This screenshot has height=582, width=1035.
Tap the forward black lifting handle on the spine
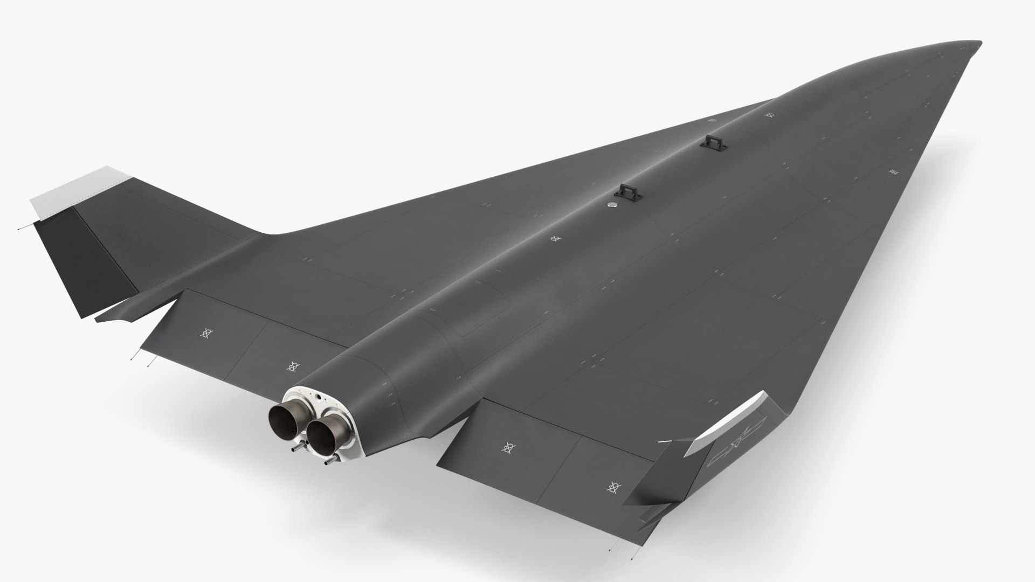pyautogui.click(x=708, y=142)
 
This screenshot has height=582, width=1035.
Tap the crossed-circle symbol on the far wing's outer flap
pyautogui.click(x=205, y=334)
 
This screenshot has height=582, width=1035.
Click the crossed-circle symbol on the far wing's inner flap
pyautogui.click(x=293, y=366)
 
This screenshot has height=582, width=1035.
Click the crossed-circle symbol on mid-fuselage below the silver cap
pyautogui.click(x=554, y=238)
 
